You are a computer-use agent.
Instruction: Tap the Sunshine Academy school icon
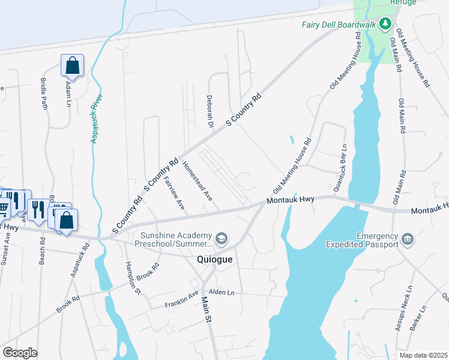tap(221, 239)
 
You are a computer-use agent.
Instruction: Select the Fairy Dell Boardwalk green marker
tap(385, 25)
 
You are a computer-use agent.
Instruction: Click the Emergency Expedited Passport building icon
tap(408, 239)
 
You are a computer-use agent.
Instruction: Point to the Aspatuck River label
tap(97, 118)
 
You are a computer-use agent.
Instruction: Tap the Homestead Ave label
tap(197, 180)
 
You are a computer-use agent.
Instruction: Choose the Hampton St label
tap(133, 278)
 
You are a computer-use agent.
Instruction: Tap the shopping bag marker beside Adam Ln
tap(72, 67)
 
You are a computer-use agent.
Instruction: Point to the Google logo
tap(20, 353)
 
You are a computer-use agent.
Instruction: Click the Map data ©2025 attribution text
tap(423, 355)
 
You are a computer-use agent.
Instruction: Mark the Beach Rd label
tap(42, 252)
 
